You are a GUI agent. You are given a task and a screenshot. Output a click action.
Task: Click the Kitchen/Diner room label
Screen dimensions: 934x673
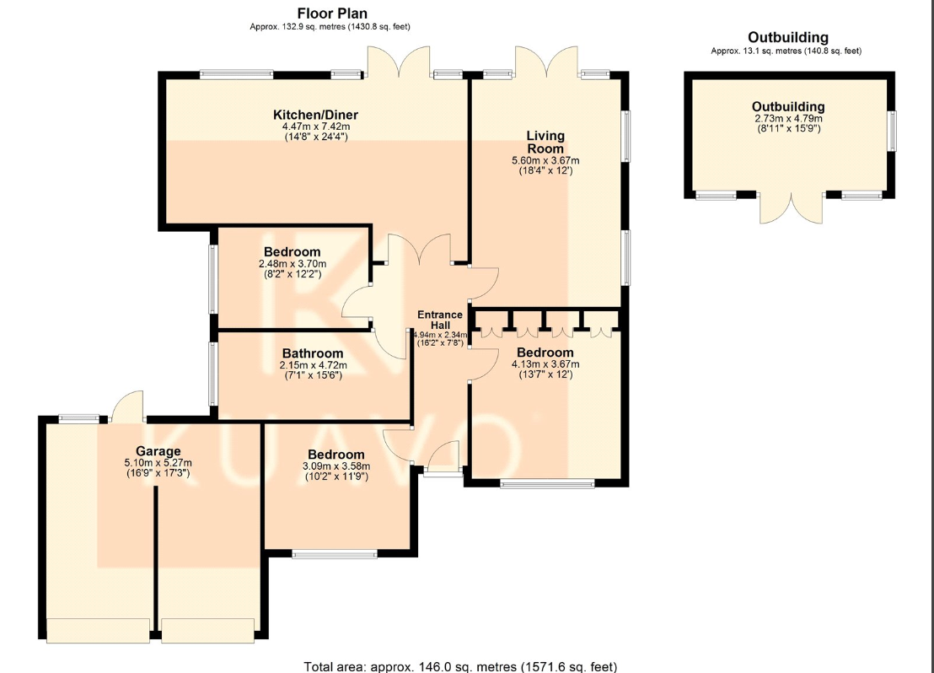(x=316, y=115)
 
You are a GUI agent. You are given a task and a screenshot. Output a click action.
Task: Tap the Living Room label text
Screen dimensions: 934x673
(x=545, y=142)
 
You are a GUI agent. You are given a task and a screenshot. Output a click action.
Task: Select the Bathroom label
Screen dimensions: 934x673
(x=313, y=353)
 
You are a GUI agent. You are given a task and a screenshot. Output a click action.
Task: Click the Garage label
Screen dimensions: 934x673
(x=158, y=451)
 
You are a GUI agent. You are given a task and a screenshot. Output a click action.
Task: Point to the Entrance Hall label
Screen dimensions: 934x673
(x=440, y=320)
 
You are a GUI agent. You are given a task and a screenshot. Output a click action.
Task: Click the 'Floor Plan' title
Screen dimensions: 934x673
(x=332, y=13)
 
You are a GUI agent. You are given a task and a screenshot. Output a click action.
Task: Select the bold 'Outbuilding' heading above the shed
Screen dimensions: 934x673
(x=788, y=38)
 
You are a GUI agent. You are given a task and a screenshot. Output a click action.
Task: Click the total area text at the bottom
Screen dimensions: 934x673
(x=460, y=666)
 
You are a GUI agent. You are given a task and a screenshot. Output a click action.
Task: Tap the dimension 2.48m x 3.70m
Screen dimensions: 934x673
(x=293, y=264)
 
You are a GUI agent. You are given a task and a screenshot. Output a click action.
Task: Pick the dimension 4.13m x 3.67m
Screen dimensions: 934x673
(x=545, y=364)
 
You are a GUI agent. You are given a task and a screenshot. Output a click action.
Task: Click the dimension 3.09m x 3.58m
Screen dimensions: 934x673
(x=336, y=466)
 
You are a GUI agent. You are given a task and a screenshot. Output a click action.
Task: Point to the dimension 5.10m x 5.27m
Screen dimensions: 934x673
(x=158, y=462)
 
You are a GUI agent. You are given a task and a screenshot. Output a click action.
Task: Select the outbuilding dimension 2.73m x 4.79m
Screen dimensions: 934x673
(x=789, y=118)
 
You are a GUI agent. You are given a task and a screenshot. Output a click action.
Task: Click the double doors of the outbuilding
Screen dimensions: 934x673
(x=791, y=208)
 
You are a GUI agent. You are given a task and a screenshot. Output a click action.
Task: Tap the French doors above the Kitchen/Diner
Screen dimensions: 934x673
(x=399, y=62)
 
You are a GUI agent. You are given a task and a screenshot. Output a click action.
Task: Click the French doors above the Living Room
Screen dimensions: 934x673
(x=546, y=62)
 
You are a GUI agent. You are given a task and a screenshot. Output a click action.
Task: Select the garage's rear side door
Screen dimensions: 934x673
(x=127, y=406)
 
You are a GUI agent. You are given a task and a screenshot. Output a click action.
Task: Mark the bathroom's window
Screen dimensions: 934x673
(x=212, y=373)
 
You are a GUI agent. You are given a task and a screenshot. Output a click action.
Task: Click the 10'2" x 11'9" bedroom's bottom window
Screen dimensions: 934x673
(x=334, y=554)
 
